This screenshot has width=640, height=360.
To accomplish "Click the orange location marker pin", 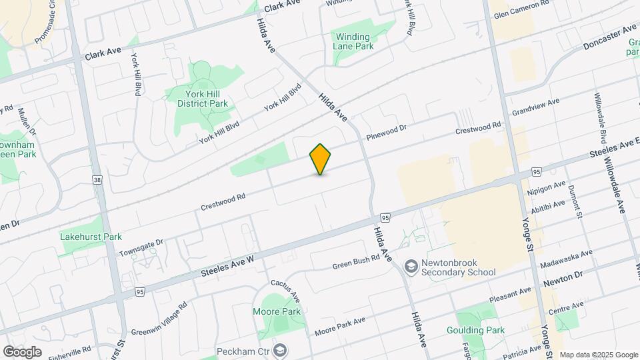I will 320,159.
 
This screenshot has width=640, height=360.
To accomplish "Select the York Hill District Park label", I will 203,99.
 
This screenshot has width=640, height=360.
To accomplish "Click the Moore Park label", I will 277,311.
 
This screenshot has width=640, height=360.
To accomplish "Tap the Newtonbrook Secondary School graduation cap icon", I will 411,267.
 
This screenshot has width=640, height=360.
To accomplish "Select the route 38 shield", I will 98,179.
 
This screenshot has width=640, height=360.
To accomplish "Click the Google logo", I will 22,351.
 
